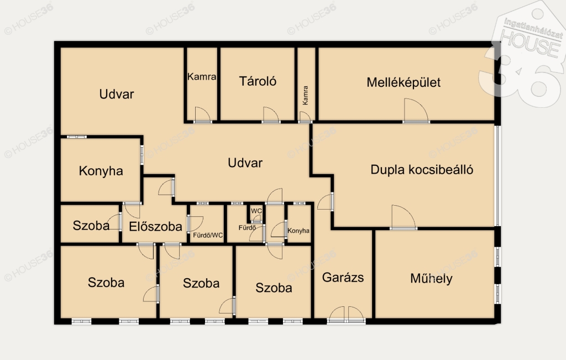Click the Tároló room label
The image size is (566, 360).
258,81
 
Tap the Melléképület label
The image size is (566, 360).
403,82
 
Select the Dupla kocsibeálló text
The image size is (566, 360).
422,170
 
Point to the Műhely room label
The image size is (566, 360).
431,278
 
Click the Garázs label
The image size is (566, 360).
343,277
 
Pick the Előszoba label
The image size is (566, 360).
155,226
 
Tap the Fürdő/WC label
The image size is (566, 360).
208,236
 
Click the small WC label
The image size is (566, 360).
256,211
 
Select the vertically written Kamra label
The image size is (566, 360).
305,95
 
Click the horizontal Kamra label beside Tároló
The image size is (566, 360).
202,76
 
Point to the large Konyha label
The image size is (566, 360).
101,171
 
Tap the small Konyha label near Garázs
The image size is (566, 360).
298,231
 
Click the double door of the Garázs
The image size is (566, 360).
347,315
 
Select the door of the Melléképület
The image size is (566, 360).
416,111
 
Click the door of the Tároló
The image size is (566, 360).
271,115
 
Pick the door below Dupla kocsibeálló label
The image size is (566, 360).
403,217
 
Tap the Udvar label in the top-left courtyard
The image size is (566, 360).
117,94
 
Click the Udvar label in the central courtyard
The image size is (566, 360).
245,163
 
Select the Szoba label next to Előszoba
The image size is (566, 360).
91,226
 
